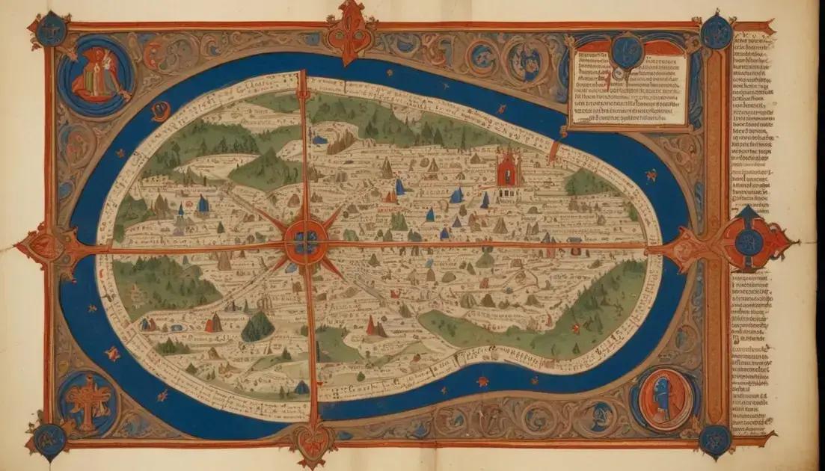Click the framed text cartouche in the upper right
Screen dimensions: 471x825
(629, 87)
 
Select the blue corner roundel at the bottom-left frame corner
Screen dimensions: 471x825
(51, 440)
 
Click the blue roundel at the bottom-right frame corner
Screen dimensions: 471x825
(715, 440)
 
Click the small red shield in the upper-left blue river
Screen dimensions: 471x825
(160, 111)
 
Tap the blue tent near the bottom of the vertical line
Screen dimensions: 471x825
(301, 387)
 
